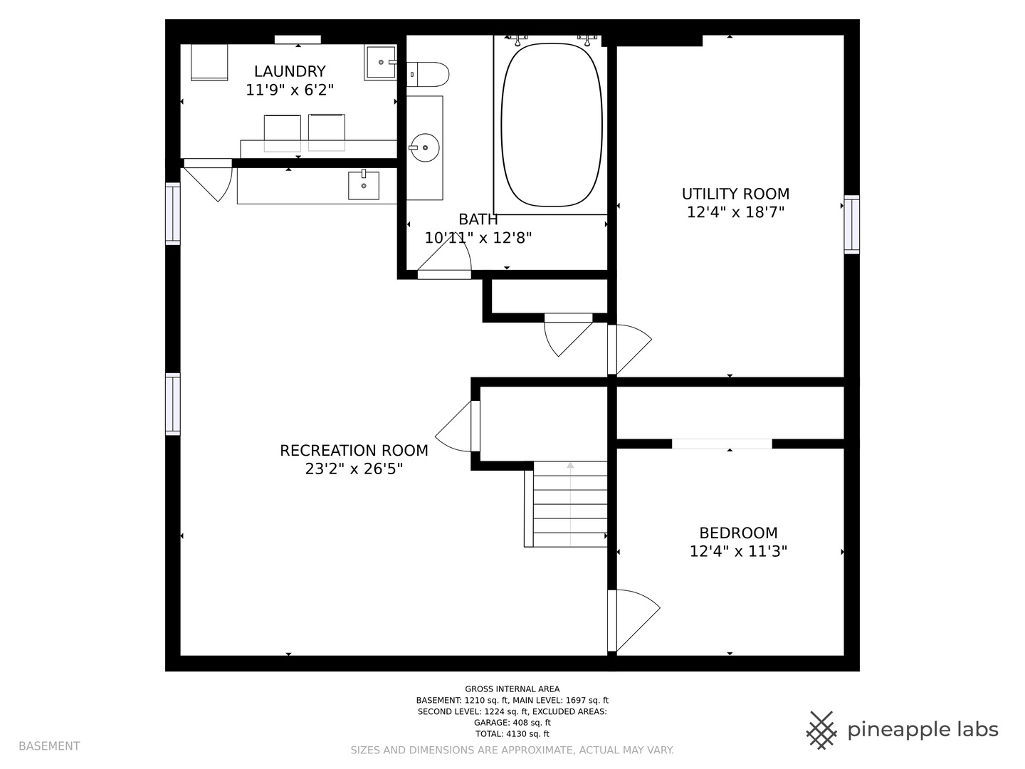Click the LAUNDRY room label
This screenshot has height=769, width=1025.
coord(290,71)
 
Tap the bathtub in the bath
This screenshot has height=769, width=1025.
coord(552,125)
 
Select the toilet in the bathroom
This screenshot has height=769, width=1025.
coord(428,75)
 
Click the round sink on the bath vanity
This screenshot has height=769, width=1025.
coord(425,147)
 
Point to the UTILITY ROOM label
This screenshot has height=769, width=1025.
coord(735,194)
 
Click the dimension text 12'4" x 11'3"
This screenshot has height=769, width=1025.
coord(738,551)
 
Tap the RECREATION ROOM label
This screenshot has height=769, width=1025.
coord(354,451)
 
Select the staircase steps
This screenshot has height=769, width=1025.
coord(569,504)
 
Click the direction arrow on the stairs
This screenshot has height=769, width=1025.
coord(570,504)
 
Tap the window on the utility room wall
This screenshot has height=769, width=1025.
coord(852,224)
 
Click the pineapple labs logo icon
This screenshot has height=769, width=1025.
coord(821,731)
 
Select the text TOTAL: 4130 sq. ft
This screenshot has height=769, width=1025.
coord(512,733)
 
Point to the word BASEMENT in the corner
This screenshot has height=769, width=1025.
coord(49,746)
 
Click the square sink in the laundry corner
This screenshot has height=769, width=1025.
coord(381,62)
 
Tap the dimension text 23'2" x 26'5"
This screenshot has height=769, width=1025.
coord(354,469)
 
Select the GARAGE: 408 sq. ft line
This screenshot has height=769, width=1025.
coord(512,722)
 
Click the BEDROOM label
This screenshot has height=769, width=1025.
coord(738,533)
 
